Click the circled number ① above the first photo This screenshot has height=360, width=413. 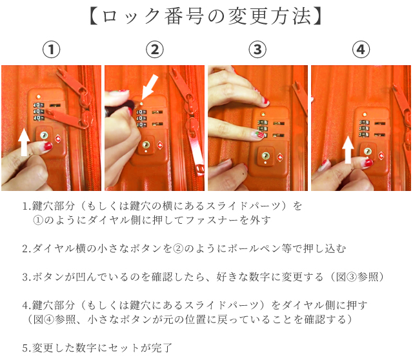52,50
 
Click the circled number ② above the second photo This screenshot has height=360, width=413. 155,50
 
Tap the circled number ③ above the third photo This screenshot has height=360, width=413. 257,50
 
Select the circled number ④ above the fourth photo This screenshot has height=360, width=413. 361,50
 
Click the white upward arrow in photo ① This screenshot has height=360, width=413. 25,142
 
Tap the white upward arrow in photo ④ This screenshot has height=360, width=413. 348,150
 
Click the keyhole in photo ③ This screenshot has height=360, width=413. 265,155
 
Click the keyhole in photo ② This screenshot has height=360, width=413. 146,145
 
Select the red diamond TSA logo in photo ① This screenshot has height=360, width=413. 58,139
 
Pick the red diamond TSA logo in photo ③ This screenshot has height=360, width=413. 280,157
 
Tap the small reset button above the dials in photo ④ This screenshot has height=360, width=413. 365,115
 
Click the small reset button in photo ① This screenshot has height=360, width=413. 39,96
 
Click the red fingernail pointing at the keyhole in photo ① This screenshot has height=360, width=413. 48,145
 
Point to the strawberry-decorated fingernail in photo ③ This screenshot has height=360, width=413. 258,135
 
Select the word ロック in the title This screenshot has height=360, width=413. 131,16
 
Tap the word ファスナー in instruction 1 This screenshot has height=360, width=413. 212,220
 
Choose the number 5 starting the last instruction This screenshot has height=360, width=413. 25,348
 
